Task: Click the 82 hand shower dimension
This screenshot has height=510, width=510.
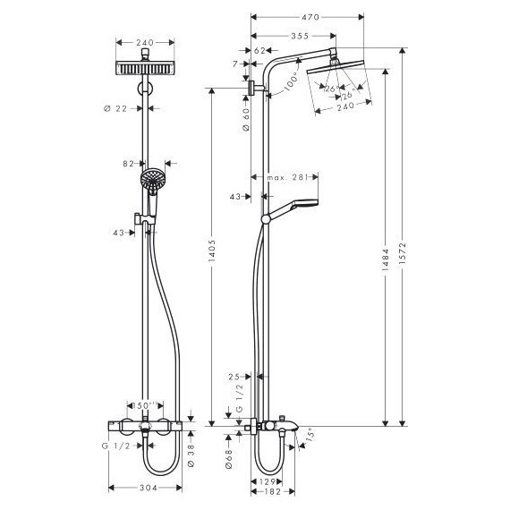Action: (129, 164)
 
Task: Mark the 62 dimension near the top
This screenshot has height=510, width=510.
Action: (259, 51)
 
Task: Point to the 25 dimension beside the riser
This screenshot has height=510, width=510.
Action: (234, 376)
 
